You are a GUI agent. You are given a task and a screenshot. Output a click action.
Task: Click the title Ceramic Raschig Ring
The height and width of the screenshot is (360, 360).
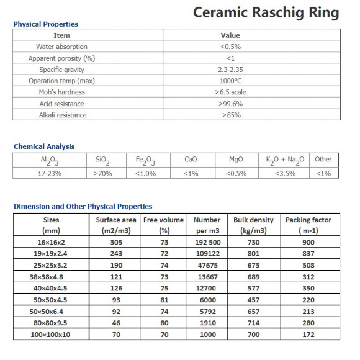click(x=266, y=12)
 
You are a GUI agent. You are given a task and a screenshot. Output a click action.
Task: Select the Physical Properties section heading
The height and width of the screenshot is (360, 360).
click(x=46, y=24)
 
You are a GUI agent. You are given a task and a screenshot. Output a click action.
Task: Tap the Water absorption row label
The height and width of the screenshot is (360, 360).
click(x=62, y=47)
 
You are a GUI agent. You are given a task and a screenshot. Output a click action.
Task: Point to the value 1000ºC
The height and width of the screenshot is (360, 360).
click(x=230, y=81)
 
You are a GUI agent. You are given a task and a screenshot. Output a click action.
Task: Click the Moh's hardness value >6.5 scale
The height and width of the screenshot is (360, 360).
click(x=230, y=92)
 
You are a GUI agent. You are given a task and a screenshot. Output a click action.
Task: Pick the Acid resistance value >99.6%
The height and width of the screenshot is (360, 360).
click(x=230, y=104)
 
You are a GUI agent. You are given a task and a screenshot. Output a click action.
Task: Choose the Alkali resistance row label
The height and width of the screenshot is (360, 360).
click(x=62, y=115)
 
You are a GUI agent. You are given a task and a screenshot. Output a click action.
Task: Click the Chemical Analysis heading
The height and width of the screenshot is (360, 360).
click(x=44, y=146)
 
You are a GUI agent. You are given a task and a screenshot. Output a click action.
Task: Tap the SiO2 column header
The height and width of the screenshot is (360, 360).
click(x=103, y=160)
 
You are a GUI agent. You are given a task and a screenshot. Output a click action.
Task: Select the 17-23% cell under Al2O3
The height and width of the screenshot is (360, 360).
click(x=50, y=173)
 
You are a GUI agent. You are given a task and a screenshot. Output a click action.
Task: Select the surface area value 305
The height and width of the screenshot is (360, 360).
click(x=115, y=242)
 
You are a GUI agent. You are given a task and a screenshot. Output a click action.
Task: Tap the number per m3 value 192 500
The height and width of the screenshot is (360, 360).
click(x=207, y=242)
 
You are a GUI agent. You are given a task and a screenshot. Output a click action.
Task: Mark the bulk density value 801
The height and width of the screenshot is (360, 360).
click(x=254, y=253)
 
